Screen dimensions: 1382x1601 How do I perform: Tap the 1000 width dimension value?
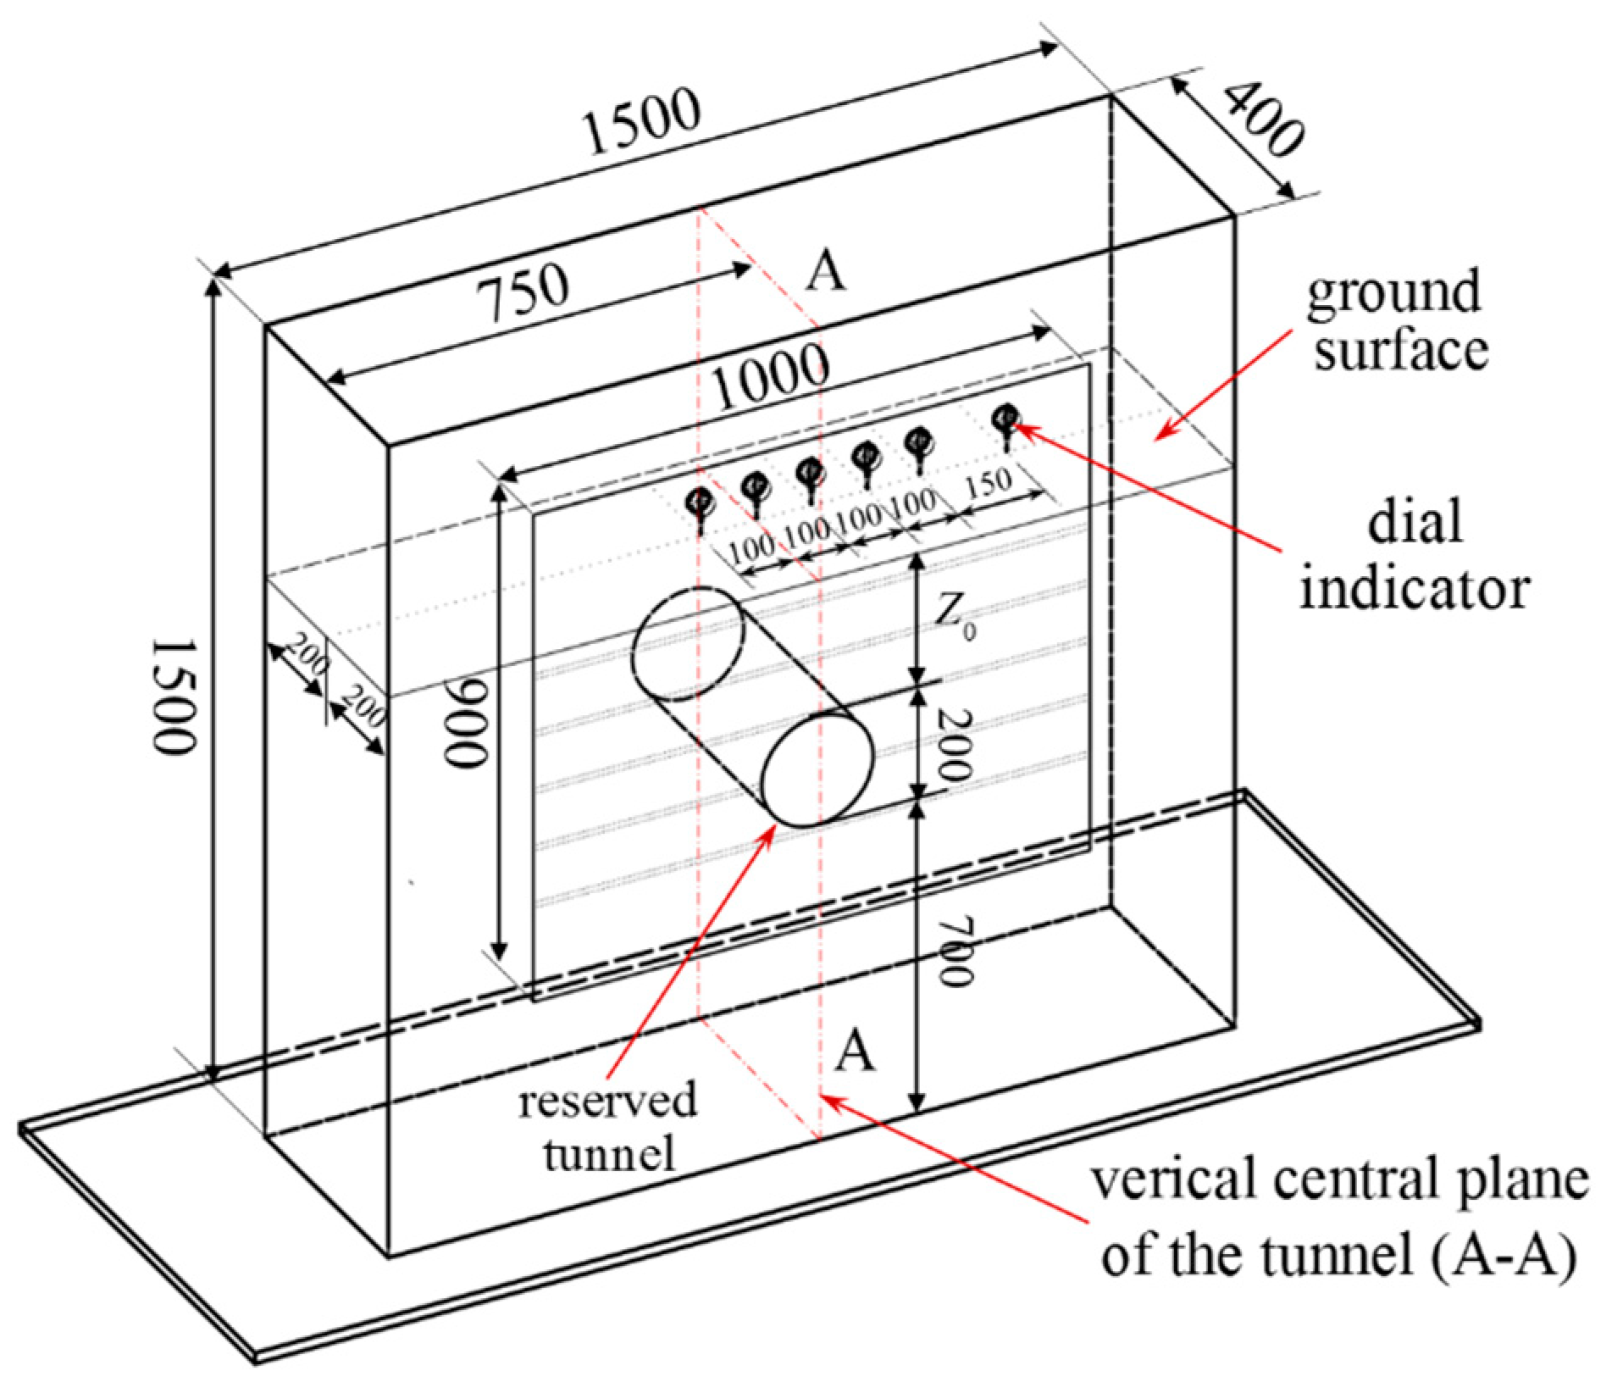coord(770,376)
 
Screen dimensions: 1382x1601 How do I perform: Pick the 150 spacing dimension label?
coord(989,483)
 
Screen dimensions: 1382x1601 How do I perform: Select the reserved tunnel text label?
coord(608,1126)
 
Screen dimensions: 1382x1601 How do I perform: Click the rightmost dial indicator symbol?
coord(1005,417)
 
